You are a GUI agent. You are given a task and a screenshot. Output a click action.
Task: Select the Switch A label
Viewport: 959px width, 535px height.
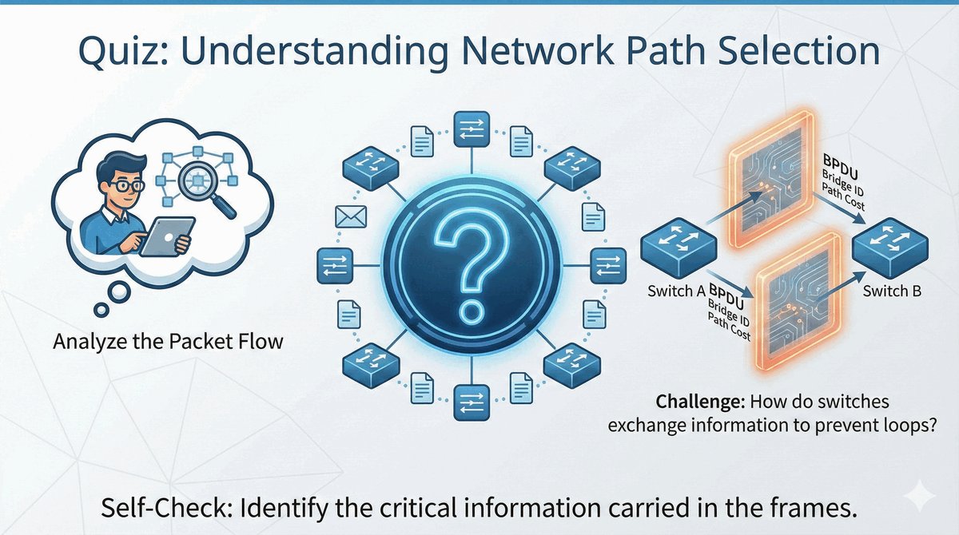[676, 291]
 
